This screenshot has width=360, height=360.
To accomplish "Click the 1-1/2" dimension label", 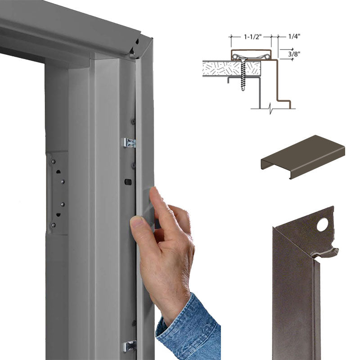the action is click(x=252, y=37).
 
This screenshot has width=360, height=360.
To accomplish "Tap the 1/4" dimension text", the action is click(x=294, y=36).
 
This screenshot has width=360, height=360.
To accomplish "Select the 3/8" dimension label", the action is click(x=294, y=54).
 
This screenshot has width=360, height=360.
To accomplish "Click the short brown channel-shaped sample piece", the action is click(x=303, y=157).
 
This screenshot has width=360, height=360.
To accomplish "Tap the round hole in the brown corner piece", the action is click(x=322, y=225).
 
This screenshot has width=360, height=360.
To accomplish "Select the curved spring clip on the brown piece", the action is click(x=325, y=253).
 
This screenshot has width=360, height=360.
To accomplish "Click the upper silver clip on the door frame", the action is click(x=129, y=143).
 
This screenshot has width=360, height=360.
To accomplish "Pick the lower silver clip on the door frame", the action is click(x=130, y=346).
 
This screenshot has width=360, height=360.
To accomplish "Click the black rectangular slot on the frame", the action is click(x=128, y=182).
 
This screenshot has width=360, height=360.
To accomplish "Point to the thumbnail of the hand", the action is click(x=137, y=221).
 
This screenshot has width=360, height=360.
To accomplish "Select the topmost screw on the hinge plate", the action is click(x=53, y=162).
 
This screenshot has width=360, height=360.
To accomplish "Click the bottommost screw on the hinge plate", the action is click(x=53, y=225).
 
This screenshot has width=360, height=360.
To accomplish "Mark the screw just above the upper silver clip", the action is click(x=133, y=121).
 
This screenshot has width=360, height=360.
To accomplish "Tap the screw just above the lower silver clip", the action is click(x=134, y=324).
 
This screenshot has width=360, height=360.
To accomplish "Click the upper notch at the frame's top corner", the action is click(x=137, y=42).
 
